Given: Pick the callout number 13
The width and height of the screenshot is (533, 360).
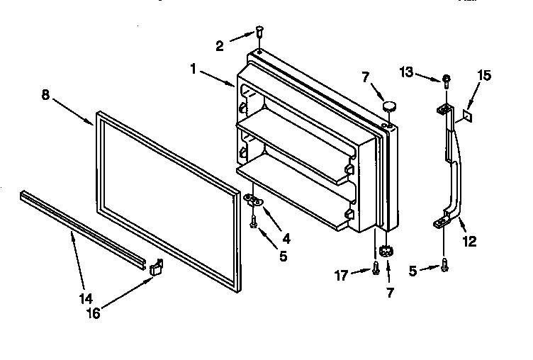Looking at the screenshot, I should click(x=405, y=72).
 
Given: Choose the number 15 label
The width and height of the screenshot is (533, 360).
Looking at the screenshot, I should click(x=483, y=74).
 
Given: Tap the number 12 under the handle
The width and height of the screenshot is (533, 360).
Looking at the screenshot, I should click(x=469, y=242).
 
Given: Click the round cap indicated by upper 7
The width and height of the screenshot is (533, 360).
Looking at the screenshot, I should click(x=389, y=106).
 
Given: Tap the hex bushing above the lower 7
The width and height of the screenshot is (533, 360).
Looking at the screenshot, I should click(x=386, y=251).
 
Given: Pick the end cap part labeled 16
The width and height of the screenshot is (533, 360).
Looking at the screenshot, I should click(x=157, y=267).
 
